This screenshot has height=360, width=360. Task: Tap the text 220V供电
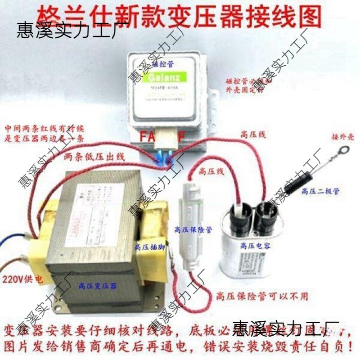(x=22, y=279)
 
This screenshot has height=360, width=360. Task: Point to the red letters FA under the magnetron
(x=146, y=136)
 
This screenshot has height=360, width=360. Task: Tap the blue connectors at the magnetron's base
(x=163, y=158)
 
